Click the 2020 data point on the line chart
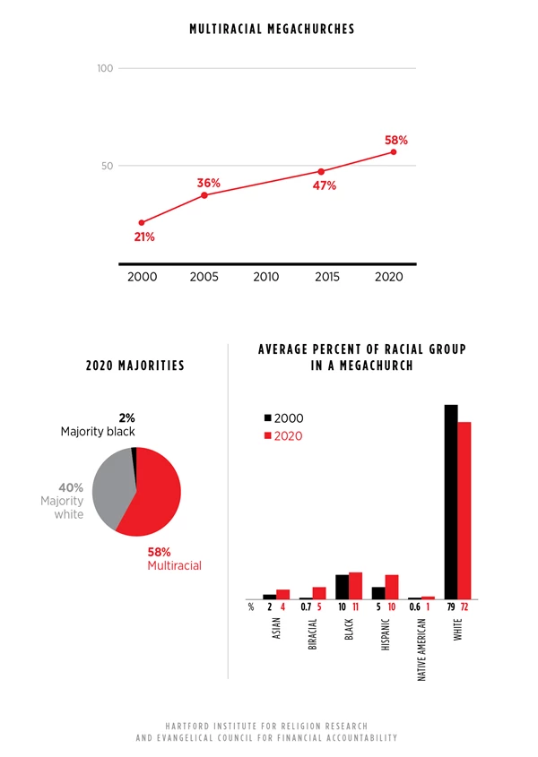pyautogui.click(x=393, y=152)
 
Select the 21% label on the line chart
pyautogui.click(x=144, y=237)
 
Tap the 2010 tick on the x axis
pyautogui.click(x=266, y=277)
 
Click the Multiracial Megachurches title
pyautogui.click(x=272, y=30)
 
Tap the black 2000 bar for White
pyautogui.click(x=451, y=502)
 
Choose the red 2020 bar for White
pyautogui.click(x=464, y=510)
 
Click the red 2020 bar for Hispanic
pyautogui.click(x=391, y=587)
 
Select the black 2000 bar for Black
pyautogui.click(x=342, y=587)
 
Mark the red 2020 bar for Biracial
pyautogui.click(x=319, y=592)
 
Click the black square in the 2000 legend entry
pyautogui.click(x=267, y=418)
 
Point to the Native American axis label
pyautogui.click(x=422, y=652)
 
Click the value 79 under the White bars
pyautogui.click(x=451, y=607)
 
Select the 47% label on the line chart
pyautogui.click(x=324, y=186)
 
